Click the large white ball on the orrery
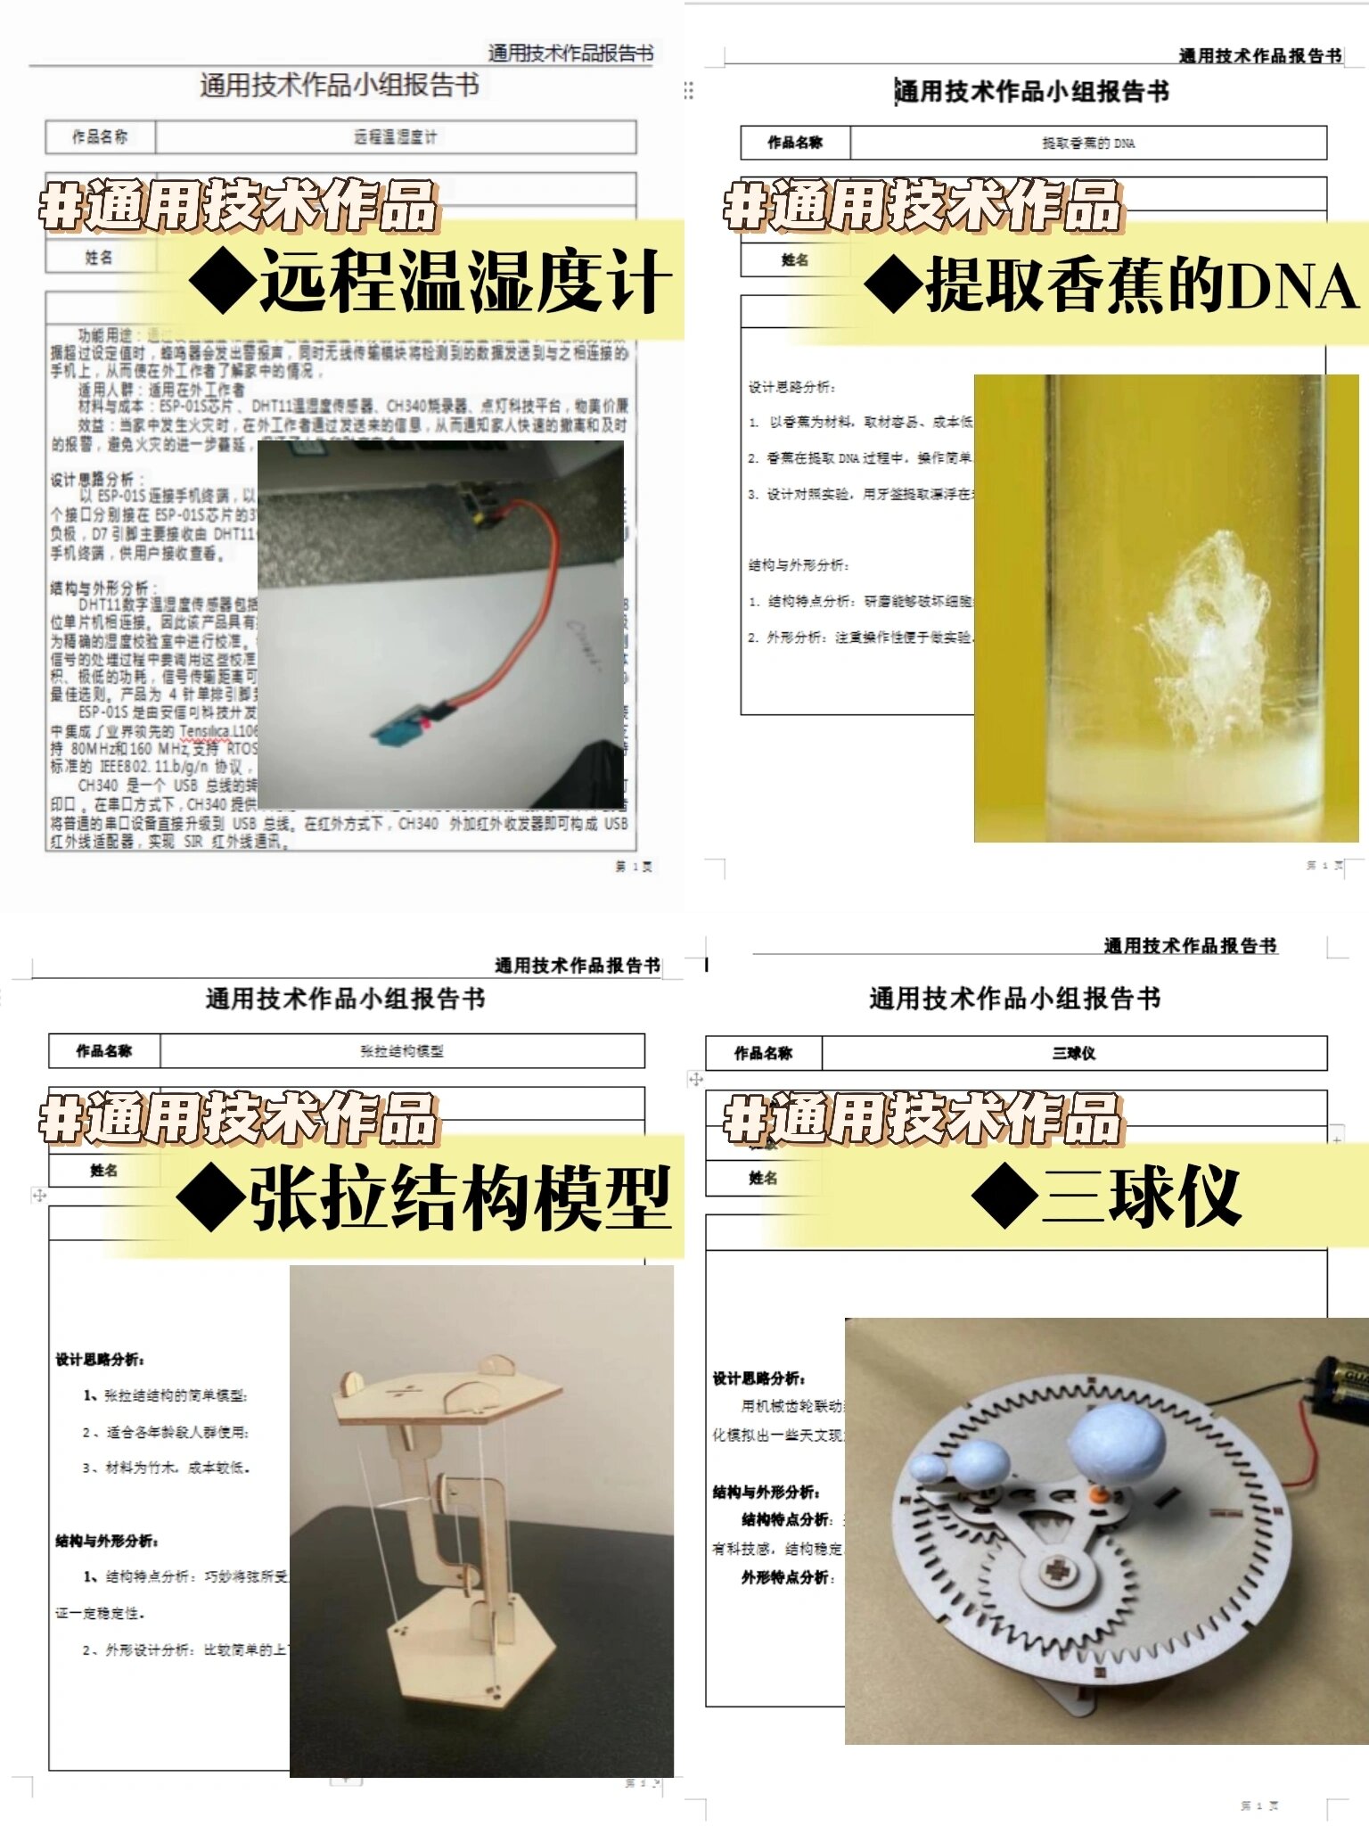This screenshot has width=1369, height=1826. (x=1118, y=1437)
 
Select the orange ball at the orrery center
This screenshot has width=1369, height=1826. (x=1101, y=1493)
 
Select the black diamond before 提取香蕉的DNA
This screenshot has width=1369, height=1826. (x=894, y=285)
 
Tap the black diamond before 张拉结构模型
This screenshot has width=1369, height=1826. (x=211, y=1198)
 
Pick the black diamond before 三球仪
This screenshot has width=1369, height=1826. (x=1004, y=1197)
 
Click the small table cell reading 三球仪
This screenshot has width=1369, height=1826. (x=1073, y=1053)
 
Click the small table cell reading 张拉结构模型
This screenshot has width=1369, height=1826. (x=402, y=1051)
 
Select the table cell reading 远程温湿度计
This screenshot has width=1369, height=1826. (x=396, y=137)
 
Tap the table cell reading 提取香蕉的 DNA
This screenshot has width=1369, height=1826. (x=1088, y=143)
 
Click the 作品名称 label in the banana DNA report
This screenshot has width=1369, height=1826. (x=795, y=143)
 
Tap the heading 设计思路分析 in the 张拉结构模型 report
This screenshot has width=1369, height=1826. (x=100, y=1360)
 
